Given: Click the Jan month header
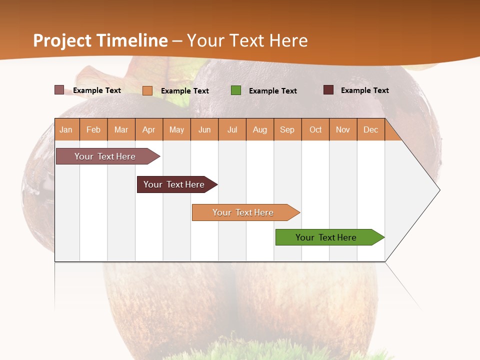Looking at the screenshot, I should click(x=66, y=129).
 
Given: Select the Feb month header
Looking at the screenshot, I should click(x=93, y=129).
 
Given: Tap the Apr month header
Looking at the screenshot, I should click(x=149, y=129).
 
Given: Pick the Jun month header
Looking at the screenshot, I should click(x=204, y=129).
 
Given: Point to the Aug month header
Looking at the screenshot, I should click(x=260, y=129).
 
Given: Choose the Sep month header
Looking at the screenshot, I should click(x=287, y=129).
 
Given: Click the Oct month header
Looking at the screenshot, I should click(x=315, y=129).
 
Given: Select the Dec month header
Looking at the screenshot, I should click(x=371, y=129).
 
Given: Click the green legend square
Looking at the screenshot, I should click(x=236, y=90).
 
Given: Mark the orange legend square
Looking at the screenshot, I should click(x=147, y=90).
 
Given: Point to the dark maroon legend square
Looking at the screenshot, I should click(x=328, y=90).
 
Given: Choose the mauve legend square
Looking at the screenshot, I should click(x=59, y=90).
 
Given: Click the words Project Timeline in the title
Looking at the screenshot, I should click(x=100, y=40).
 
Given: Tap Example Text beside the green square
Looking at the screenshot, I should click(x=273, y=91).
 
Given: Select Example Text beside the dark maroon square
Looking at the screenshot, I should click(x=365, y=90).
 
